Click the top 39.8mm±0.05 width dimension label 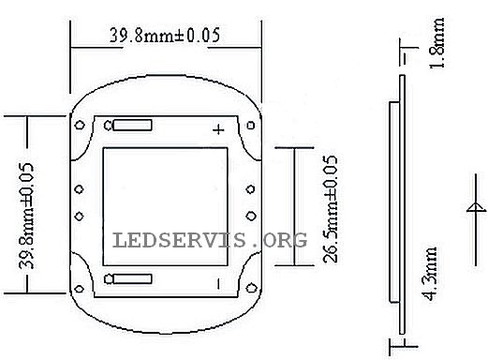coord(165,35)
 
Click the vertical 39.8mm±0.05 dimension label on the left coord(26,216)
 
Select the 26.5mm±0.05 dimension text coord(331,209)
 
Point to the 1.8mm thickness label coord(437,43)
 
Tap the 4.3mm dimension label coord(431,274)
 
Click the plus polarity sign coord(218,129)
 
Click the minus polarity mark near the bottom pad coord(218,284)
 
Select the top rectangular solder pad coord(132,126)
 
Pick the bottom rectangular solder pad coord(132,278)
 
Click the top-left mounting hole coord(80,126)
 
